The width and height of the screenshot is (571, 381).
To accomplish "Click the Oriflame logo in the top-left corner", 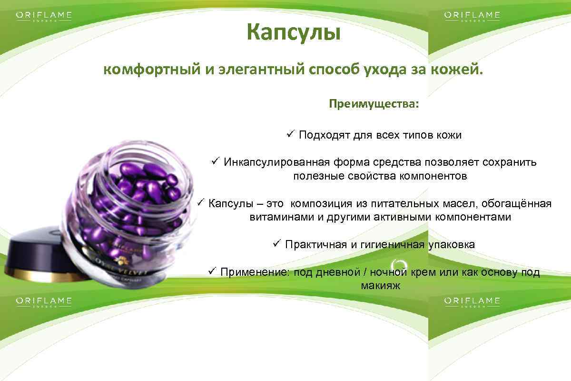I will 44,17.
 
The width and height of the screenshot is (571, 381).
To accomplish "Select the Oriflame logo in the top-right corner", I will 472,17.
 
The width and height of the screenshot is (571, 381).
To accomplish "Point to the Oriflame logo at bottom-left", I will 44,302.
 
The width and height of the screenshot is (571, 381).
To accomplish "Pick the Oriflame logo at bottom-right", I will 472,302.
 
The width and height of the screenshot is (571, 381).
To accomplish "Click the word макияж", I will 377,286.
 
